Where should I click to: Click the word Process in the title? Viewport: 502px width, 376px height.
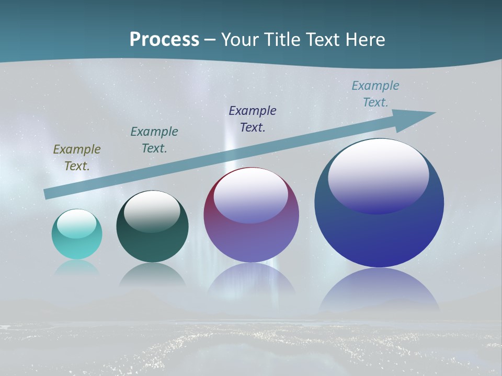coord(164,40)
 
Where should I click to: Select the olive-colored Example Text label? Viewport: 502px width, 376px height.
coord(77,157)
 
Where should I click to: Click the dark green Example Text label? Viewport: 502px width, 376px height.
coord(154,139)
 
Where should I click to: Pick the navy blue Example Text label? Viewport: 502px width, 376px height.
coord(253,119)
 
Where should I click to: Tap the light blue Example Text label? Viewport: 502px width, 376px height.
coord(375,93)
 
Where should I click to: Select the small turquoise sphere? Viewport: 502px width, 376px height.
coord(77,245)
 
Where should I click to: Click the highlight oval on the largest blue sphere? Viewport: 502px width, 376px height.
coord(379,178)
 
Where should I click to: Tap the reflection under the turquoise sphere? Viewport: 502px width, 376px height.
coord(77,268)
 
